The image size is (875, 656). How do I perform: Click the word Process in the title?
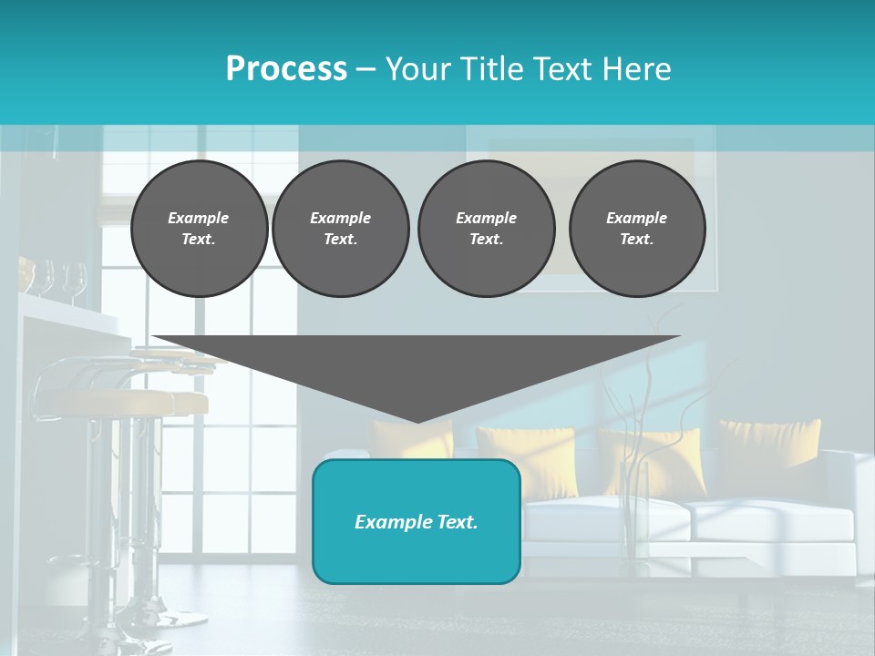pyautogui.click(x=286, y=69)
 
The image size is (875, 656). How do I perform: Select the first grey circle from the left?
pyautogui.click(x=199, y=229)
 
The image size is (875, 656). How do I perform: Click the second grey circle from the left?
pyautogui.click(x=341, y=229)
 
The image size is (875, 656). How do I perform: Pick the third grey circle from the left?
pyautogui.click(x=486, y=229)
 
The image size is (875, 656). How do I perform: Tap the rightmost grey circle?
pyautogui.click(x=637, y=229)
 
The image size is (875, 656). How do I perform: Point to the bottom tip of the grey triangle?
pyautogui.click(x=417, y=420)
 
